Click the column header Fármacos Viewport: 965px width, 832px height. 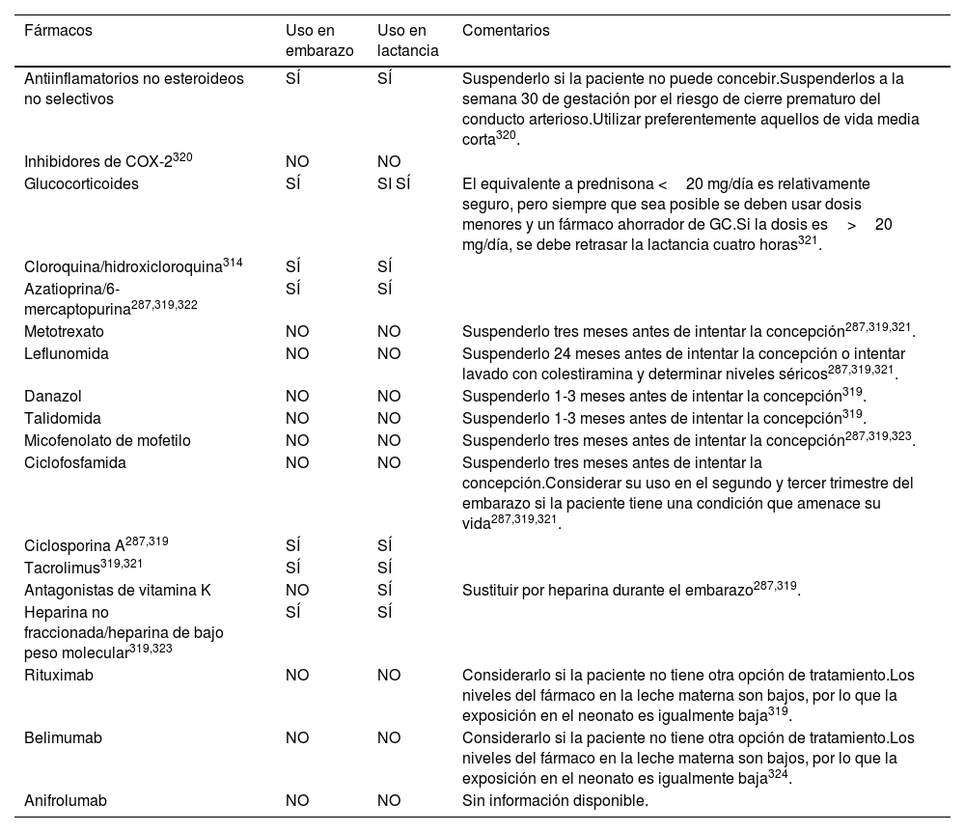(x=58, y=31)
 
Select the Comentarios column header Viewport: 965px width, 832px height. (x=506, y=31)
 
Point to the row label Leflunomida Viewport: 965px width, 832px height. (x=66, y=353)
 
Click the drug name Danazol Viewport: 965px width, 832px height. (x=53, y=397)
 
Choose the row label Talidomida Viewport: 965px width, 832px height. (x=63, y=419)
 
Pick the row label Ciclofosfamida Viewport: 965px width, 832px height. (x=74, y=462)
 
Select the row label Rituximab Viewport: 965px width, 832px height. (x=59, y=676)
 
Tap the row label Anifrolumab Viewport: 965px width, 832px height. (x=65, y=800)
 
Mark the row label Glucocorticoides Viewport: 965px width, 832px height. (x=81, y=183)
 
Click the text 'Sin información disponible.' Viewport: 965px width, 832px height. (x=555, y=800)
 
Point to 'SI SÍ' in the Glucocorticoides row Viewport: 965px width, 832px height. (x=394, y=183)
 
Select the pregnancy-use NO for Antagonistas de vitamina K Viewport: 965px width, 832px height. (x=297, y=590)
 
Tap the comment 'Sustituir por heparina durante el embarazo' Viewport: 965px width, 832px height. (x=607, y=590)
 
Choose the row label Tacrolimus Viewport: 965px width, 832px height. (x=61, y=568)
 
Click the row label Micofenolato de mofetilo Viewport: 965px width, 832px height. (x=107, y=441)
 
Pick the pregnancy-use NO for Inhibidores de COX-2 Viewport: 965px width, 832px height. (x=297, y=162)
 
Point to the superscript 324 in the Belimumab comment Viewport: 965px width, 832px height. (x=779, y=776)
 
